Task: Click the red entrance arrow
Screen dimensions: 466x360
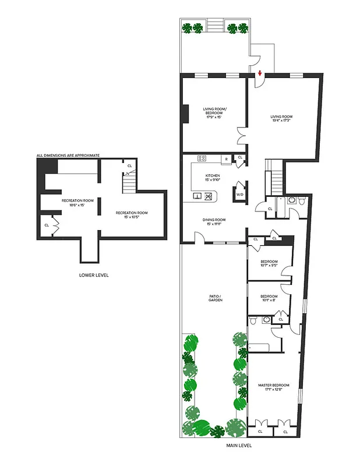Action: [259, 73]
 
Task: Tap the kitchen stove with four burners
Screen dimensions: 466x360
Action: [202, 158]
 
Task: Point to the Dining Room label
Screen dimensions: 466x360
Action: [214, 222]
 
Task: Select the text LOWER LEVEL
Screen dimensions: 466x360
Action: [94, 275]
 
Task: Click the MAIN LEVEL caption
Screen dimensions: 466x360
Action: [239, 446]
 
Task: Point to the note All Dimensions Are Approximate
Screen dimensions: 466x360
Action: [68, 156]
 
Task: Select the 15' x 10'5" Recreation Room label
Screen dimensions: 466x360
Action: [131, 215]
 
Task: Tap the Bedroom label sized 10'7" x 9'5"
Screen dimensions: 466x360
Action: [269, 263]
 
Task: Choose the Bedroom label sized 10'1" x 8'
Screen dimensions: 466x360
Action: [269, 298]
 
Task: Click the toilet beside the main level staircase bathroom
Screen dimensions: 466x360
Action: [301, 200]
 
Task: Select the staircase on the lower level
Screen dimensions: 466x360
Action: [128, 185]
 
